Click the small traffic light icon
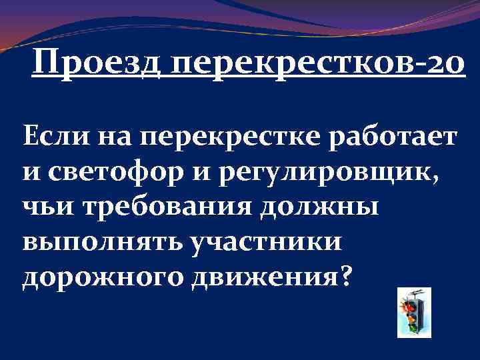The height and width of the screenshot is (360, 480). [413, 312]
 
